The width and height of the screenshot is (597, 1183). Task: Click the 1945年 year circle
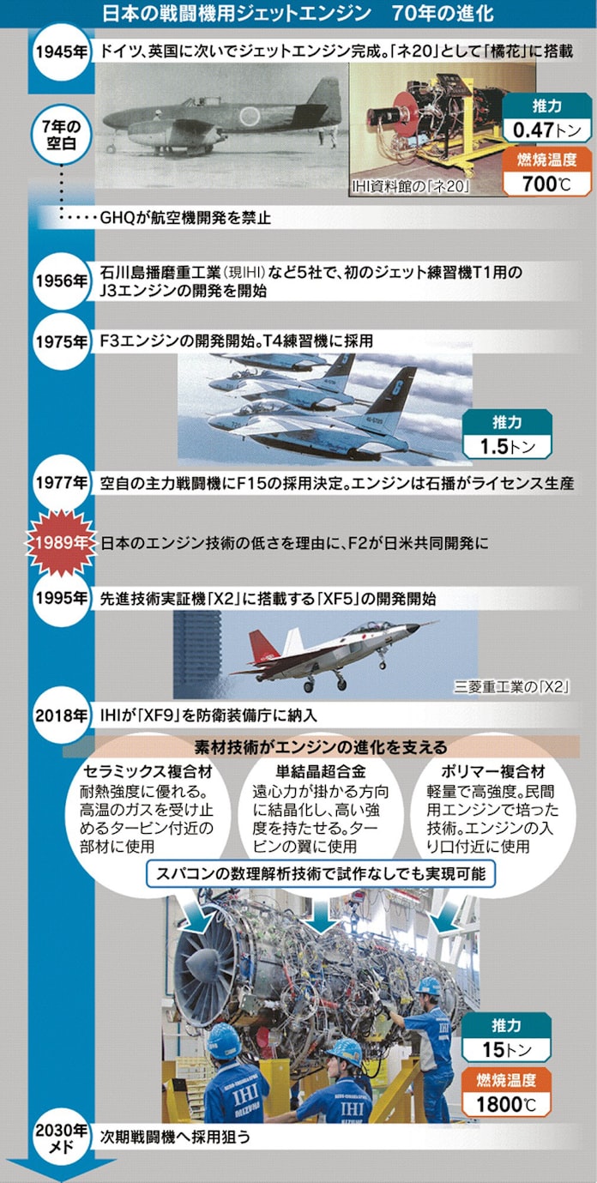[x=62, y=52]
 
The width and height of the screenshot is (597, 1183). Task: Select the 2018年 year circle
[x=62, y=715]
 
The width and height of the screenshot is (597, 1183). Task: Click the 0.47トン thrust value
[x=546, y=130]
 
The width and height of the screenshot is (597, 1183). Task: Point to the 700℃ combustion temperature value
[x=546, y=184]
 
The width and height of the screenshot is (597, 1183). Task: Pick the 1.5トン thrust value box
[x=507, y=447]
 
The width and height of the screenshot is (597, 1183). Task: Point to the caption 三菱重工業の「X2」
[x=511, y=686]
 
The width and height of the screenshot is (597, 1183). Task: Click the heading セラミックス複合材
[x=148, y=771]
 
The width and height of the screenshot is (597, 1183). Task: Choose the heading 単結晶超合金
[x=321, y=771]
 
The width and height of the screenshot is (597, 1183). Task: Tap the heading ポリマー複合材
[x=492, y=771]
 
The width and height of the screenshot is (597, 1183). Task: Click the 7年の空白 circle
[x=62, y=134]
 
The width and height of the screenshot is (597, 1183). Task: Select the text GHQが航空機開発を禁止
[x=185, y=218]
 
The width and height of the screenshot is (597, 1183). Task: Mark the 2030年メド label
[x=61, y=1136]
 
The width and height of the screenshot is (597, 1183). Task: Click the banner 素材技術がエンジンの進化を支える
[x=321, y=746]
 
